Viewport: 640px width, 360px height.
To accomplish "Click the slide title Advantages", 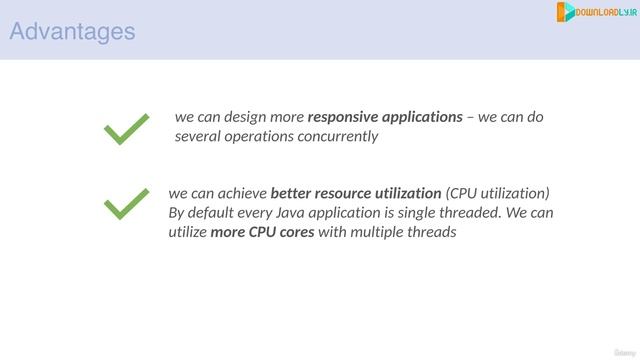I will [x=72, y=32].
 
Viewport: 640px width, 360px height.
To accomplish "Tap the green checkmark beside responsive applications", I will [x=127, y=129].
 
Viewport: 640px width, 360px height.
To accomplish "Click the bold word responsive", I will [x=343, y=117].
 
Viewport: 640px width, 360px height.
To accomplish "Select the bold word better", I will [x=291, y=193].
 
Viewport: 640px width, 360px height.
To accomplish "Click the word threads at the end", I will [x=435, y=233].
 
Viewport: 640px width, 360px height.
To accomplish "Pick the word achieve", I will [x=240, y=193].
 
